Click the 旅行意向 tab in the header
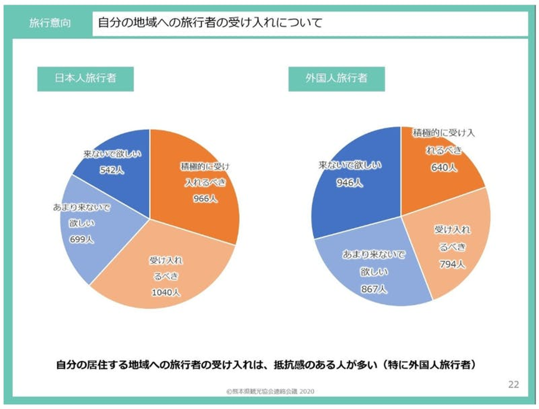click(x=50, y=23)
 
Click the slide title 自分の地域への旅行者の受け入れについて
click(x=210, y=23)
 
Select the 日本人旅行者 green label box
click(x=85, y=78)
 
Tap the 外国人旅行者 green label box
click(x=336, y=78)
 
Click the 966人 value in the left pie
click(x=205, y=199)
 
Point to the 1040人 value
click(x=166, y=292)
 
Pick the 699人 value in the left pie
click(x=82, y=239)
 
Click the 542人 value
click(x=112, y=170)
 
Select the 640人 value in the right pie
click(x=444, y=167)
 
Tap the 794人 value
click(x=452, y=264)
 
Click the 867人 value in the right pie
click(x=374, y=289)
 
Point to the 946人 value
click(x=349, y=183)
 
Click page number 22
click(x=514, y=384)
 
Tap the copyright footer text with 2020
click(x=270, y=391)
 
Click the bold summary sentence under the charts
click(x=266, y=364)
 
